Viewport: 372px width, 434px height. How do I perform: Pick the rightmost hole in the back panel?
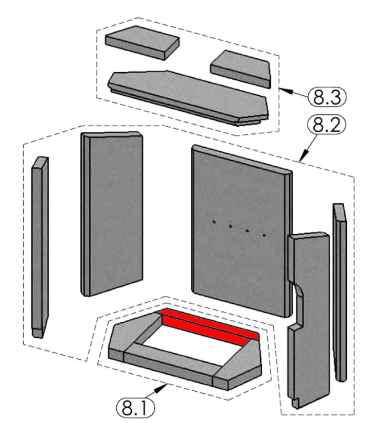(264, 235)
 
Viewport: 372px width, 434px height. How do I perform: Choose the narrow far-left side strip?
(39, 247)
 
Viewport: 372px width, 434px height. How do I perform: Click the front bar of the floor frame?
(170, 360)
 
